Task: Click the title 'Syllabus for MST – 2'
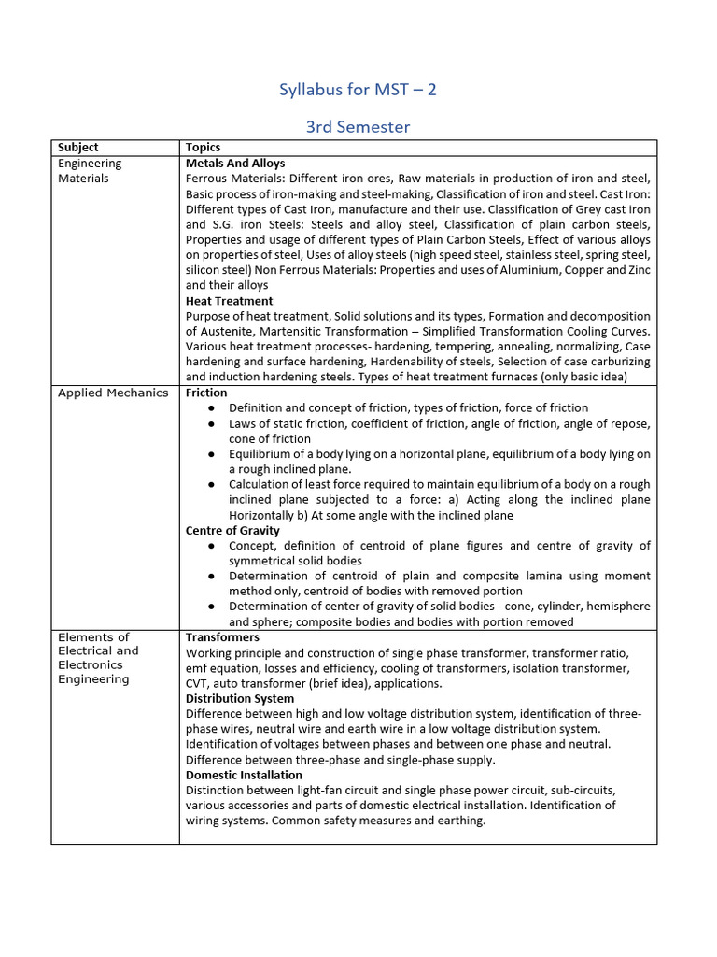pos(358,90)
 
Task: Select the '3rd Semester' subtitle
pos(358,126)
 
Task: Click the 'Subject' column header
pos(77,148)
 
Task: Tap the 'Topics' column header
pos(203,148)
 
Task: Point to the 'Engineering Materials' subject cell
pos(90,170)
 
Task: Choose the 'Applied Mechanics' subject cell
pos(113,393)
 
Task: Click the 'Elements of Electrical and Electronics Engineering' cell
pos(98,658)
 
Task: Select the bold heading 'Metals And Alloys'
pos(235,163)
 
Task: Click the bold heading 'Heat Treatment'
pos(229,301)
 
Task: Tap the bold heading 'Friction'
pos(206,393)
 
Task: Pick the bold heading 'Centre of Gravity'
pos(232,531)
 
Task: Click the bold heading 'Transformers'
pos(222,637)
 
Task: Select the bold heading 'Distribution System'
pos(240,698)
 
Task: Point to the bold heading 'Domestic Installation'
pos(244,775)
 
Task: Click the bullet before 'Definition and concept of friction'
pos(212,408)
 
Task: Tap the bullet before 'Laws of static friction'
pos(212,423)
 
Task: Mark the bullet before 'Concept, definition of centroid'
pos(212,546)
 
